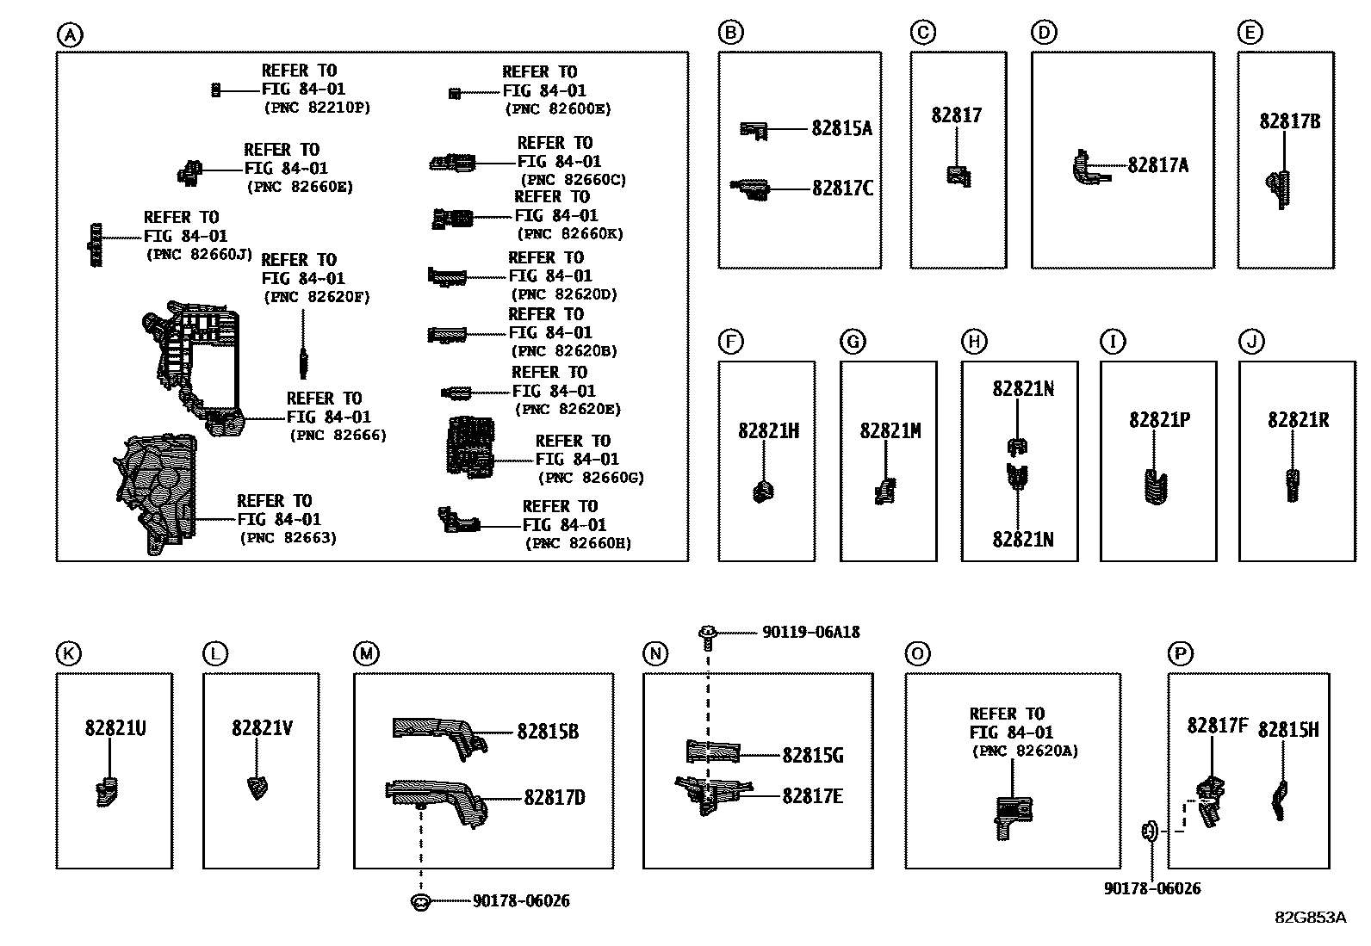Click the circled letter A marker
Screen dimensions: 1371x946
click(x=70, y=35)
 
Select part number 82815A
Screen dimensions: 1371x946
click(x=841, y=128)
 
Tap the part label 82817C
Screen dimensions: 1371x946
click(x=842, y=189)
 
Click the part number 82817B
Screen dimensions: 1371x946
click(x=1289, y=121)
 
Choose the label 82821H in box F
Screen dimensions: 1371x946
click(x=768, y=431)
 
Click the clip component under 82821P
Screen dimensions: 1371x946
click(x=1156, y=486)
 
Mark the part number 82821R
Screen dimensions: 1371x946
click(x=1298, y=420)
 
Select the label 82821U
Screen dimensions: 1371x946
click(x=115, y=728)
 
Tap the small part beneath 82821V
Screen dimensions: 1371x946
click(x=257, y=788)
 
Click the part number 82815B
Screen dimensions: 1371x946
click(x=548, y=732)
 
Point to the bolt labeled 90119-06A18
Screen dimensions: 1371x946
click(x=708, y=637)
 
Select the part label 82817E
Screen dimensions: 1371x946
click(x=812, y=796)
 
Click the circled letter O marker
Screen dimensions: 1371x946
click(x=917, y=654)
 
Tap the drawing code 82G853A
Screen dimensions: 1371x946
click(x=1311, y=918)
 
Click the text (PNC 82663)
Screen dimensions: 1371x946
click(x=288, y=538)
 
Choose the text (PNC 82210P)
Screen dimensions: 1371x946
click(x=317, y=108)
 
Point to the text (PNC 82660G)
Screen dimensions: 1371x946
click(x=592, y=478)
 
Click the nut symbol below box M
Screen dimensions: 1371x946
click(x=420, y=902)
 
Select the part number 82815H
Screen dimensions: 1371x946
click(x=1287, y=730)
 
